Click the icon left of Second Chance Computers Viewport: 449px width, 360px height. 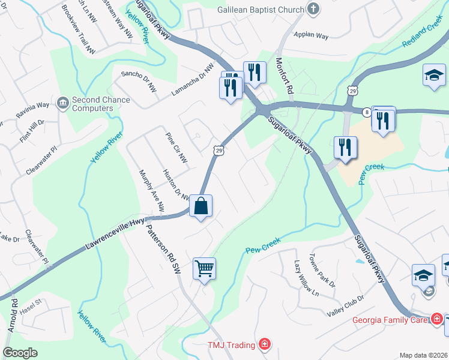click(x=62, y=104)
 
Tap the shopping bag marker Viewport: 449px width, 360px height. click(x=201, y=206)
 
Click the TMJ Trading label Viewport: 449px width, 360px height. click(x=231, y=344)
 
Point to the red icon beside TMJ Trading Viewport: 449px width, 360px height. click(x=264, y=344)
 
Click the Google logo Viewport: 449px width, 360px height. click(x=20, y=353)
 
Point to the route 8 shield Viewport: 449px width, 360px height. click(x=366, y=112)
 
